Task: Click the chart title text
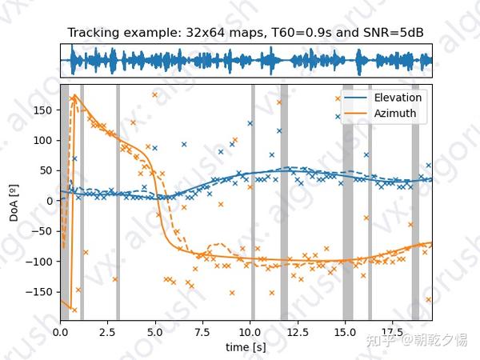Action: click(x=246, y=33)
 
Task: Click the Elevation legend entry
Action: click(x=392, y=98)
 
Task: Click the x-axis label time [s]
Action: click(x=246, y=348)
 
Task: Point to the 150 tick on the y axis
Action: click(x=44, y=109)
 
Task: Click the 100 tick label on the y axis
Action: click(x=44, y=139)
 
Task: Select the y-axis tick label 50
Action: click(x=46, y=170)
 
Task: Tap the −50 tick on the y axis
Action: click(x=42, y=230)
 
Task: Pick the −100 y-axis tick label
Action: click(x=41, y=261)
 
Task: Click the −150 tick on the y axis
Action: click(x=41, y=291)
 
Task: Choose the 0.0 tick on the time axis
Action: click(x=61, y=331)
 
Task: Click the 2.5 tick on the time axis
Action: click(x=108, y=331)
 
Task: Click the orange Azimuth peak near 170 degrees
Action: click(x=74, y=97)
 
